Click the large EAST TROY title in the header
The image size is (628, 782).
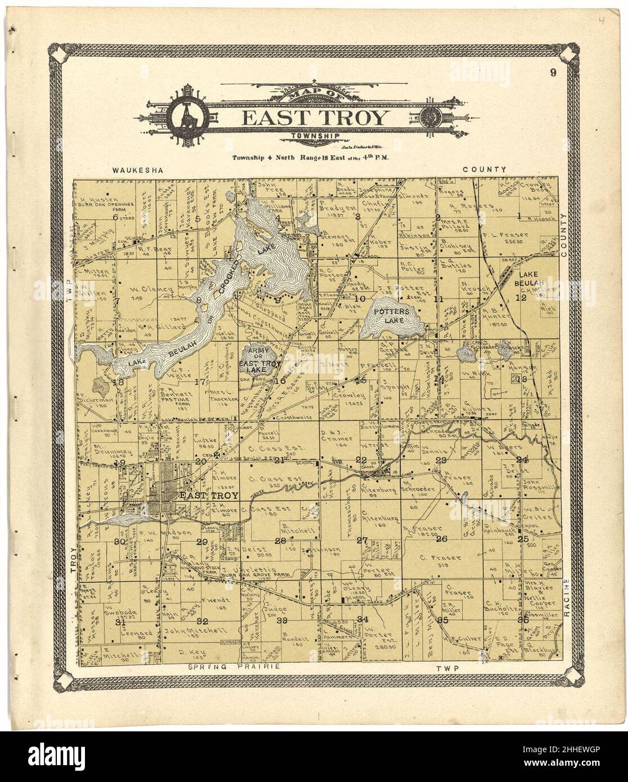click(315, 119)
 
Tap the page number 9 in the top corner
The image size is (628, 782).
click(555, 71)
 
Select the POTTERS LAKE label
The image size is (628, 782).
click(392, 316)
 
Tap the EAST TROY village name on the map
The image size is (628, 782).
click(209, 495)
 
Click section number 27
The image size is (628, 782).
click(363, 541)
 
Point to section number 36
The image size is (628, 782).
click(523, 619)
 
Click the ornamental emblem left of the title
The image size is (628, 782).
click(186, 118)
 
